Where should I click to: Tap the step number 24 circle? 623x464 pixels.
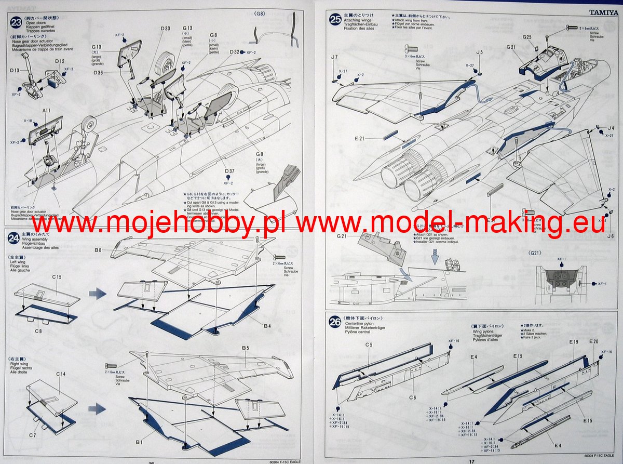click(x=14, y=238)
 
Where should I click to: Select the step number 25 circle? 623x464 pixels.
click(x=335, y=20)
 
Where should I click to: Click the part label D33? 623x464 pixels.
click(x=165, y=28)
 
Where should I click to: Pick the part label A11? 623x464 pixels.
click(x=46, y=111)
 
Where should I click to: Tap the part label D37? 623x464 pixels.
click(x=229, y=171)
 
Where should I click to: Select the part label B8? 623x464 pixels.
click(x=98, y=250)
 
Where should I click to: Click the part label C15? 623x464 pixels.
click(x=56, y=277)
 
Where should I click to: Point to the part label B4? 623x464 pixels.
click(x=267, y=326)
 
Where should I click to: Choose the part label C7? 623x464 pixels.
click(x=32, y=434)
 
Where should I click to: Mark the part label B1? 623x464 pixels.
click(x=139, y=442)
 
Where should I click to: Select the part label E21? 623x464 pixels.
click(x=360, y=138)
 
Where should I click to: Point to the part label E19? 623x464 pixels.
click(x=573, y=342)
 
